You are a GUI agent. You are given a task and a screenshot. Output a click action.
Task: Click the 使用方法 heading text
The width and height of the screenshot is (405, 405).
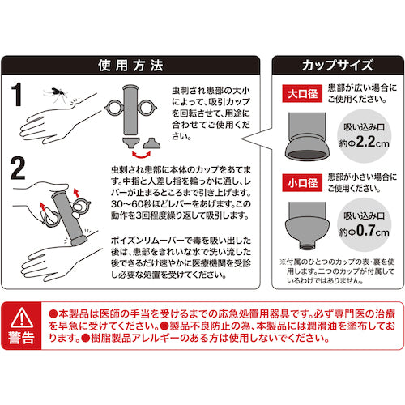point(130,66)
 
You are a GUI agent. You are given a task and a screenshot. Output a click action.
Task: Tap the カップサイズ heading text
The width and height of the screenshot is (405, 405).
point(338,66)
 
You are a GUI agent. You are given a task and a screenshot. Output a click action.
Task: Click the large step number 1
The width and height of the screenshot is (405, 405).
point(17,94)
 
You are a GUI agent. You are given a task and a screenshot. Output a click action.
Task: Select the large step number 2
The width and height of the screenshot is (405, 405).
point(18,168)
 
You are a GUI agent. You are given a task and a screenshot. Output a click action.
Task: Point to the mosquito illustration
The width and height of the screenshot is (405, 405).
point(56,93)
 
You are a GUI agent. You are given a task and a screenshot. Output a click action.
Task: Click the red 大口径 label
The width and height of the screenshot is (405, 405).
point(302,94)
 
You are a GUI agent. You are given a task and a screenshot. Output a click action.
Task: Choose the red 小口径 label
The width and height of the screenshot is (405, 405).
point(302,183)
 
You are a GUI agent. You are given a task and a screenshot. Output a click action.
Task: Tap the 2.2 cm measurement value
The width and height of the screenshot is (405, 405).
point(373,142)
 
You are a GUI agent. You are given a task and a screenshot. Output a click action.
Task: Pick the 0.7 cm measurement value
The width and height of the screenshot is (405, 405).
point(373,231)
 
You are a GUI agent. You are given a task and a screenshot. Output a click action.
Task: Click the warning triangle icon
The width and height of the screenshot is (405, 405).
point(21,318)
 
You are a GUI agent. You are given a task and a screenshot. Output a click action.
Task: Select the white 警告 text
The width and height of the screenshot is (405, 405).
point(21,338)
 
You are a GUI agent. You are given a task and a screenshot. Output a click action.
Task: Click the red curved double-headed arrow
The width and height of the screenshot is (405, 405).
point(141,156)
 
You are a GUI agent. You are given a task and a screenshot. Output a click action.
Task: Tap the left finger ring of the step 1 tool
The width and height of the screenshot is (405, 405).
point(114,108)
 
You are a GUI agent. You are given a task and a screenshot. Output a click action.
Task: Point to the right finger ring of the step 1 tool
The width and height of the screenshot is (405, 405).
point(147,108)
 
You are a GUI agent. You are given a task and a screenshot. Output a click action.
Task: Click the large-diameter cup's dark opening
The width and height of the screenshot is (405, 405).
point(307,155)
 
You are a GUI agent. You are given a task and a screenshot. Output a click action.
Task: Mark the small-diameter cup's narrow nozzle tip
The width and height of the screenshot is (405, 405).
point(307,245)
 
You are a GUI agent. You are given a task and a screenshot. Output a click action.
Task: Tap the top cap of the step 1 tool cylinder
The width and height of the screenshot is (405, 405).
point(130,87)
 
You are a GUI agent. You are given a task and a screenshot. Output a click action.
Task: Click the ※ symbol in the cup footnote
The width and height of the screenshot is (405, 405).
point(283,262)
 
